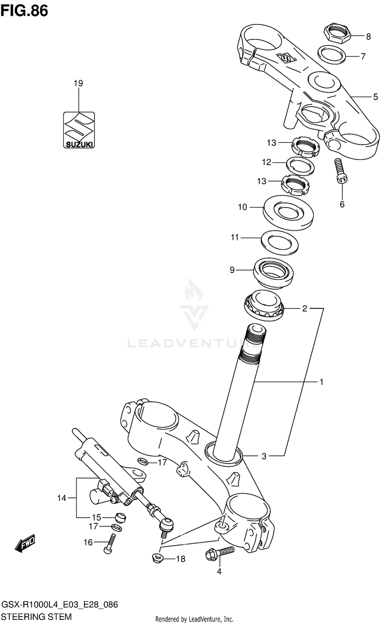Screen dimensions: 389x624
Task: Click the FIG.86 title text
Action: point(24,10)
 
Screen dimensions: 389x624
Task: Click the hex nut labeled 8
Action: point(338,34)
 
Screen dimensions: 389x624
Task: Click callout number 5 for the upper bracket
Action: point(375,97)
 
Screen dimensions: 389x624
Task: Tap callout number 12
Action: point(267,162)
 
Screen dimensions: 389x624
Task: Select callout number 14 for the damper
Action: point(62,498)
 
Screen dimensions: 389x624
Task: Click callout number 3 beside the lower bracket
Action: point(264,456)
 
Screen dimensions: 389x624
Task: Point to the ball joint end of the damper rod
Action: point(166,525)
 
